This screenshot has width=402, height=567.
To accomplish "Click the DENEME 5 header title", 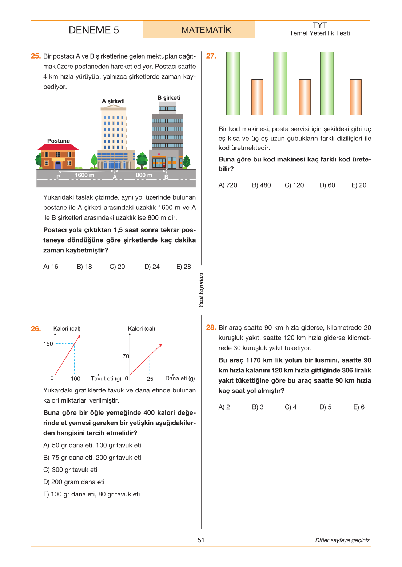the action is click(x=93, y=30).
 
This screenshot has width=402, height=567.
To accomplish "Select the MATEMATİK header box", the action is click(x=199, y=29).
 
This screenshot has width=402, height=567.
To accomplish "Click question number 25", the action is click(x=36, y=56).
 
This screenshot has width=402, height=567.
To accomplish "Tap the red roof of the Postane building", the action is click(x=58, y=147).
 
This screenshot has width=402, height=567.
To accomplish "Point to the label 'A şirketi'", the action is click(x=113, y=101).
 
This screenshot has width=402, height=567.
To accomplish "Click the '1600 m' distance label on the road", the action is click(x=84, y=175).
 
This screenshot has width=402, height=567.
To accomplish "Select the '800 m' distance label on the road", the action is click(x=144, y=175).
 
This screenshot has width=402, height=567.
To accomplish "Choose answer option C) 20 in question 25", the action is click(x=117, y=267).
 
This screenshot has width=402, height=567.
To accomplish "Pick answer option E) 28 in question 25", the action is click(x=183, y=267).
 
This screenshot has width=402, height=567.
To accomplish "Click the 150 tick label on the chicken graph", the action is click(x=48, y=343).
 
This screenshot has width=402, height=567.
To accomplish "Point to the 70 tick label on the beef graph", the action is click(x=126, y=356).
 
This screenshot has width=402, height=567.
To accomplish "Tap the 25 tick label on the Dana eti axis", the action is click(x=150, y=379).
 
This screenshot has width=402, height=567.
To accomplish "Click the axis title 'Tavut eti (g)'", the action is click(x=106, y=378).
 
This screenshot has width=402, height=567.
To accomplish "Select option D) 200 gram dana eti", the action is click(x=73, y=482).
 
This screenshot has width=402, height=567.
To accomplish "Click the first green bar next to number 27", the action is click(x=233, y=84).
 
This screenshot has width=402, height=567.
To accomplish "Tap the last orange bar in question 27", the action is click(x=355, y=97).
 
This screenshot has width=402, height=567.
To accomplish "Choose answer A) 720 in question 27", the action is click(x=228, y=185).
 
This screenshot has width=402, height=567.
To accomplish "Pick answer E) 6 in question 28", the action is click(x=359, y=407).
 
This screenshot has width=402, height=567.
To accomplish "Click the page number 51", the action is click(x=201, y=540).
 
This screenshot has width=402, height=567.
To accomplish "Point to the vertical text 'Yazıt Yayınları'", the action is click(x=201, y=290).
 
